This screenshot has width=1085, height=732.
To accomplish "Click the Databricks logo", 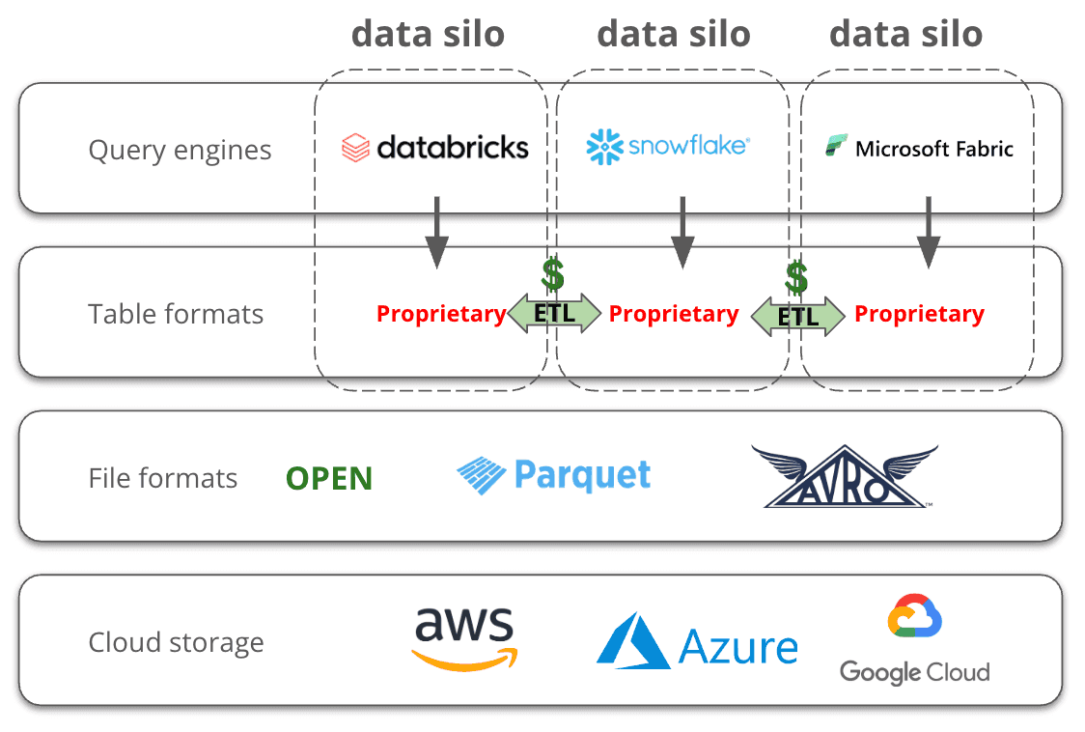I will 435,147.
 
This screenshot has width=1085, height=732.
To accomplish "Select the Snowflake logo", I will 668,146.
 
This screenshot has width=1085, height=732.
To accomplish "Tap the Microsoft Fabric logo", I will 919,149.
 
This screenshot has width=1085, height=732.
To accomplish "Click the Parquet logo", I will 553,475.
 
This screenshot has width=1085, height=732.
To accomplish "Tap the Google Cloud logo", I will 914,641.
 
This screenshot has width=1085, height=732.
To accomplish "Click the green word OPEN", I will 329,479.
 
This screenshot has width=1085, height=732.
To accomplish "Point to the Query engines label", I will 180,151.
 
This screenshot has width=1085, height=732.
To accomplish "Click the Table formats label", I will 176,314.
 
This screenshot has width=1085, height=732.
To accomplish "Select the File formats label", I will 163,478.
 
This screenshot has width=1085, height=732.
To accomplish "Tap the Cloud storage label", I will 176,642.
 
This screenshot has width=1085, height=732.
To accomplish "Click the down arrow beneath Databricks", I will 437,232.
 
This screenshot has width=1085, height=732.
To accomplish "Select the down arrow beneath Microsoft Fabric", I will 929,232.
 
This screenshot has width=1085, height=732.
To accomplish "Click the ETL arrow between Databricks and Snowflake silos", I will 554,314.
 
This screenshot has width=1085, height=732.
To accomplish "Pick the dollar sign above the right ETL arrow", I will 796,277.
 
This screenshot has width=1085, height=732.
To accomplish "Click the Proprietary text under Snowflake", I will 674,314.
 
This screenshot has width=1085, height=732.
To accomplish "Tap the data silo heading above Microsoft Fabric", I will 905,34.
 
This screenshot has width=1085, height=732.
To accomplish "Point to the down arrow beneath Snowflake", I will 682,232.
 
